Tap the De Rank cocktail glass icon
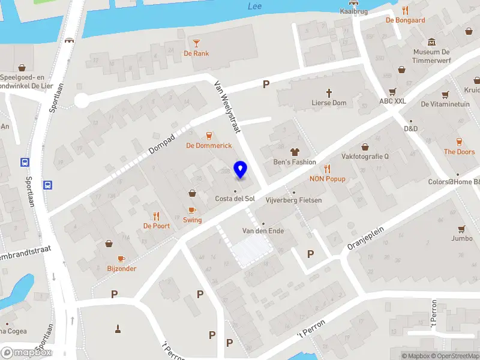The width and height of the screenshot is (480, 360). click(196, 42)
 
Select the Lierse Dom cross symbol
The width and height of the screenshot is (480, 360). click(329, 92)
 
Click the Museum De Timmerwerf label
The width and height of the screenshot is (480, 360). click(431, 56)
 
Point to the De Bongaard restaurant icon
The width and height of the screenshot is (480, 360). click(406, 10)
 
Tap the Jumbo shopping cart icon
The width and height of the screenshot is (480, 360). click(461, 228)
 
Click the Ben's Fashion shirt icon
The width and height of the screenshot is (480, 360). click(295, 152)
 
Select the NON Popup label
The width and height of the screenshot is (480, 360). click(328, 179)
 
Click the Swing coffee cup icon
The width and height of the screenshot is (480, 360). click(192, 210)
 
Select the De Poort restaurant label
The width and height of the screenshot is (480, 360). click(156, 226)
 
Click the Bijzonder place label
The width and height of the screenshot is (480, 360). click(121, 268)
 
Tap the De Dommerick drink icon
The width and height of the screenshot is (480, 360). click(209, 136)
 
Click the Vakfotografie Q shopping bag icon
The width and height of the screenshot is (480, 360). click(365, 146)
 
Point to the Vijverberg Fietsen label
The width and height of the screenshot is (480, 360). click(293, 200)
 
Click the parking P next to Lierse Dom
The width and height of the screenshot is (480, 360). click(266, 85)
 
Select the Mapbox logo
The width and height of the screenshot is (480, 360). click(26, 353)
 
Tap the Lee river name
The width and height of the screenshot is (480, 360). click(255, 7)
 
